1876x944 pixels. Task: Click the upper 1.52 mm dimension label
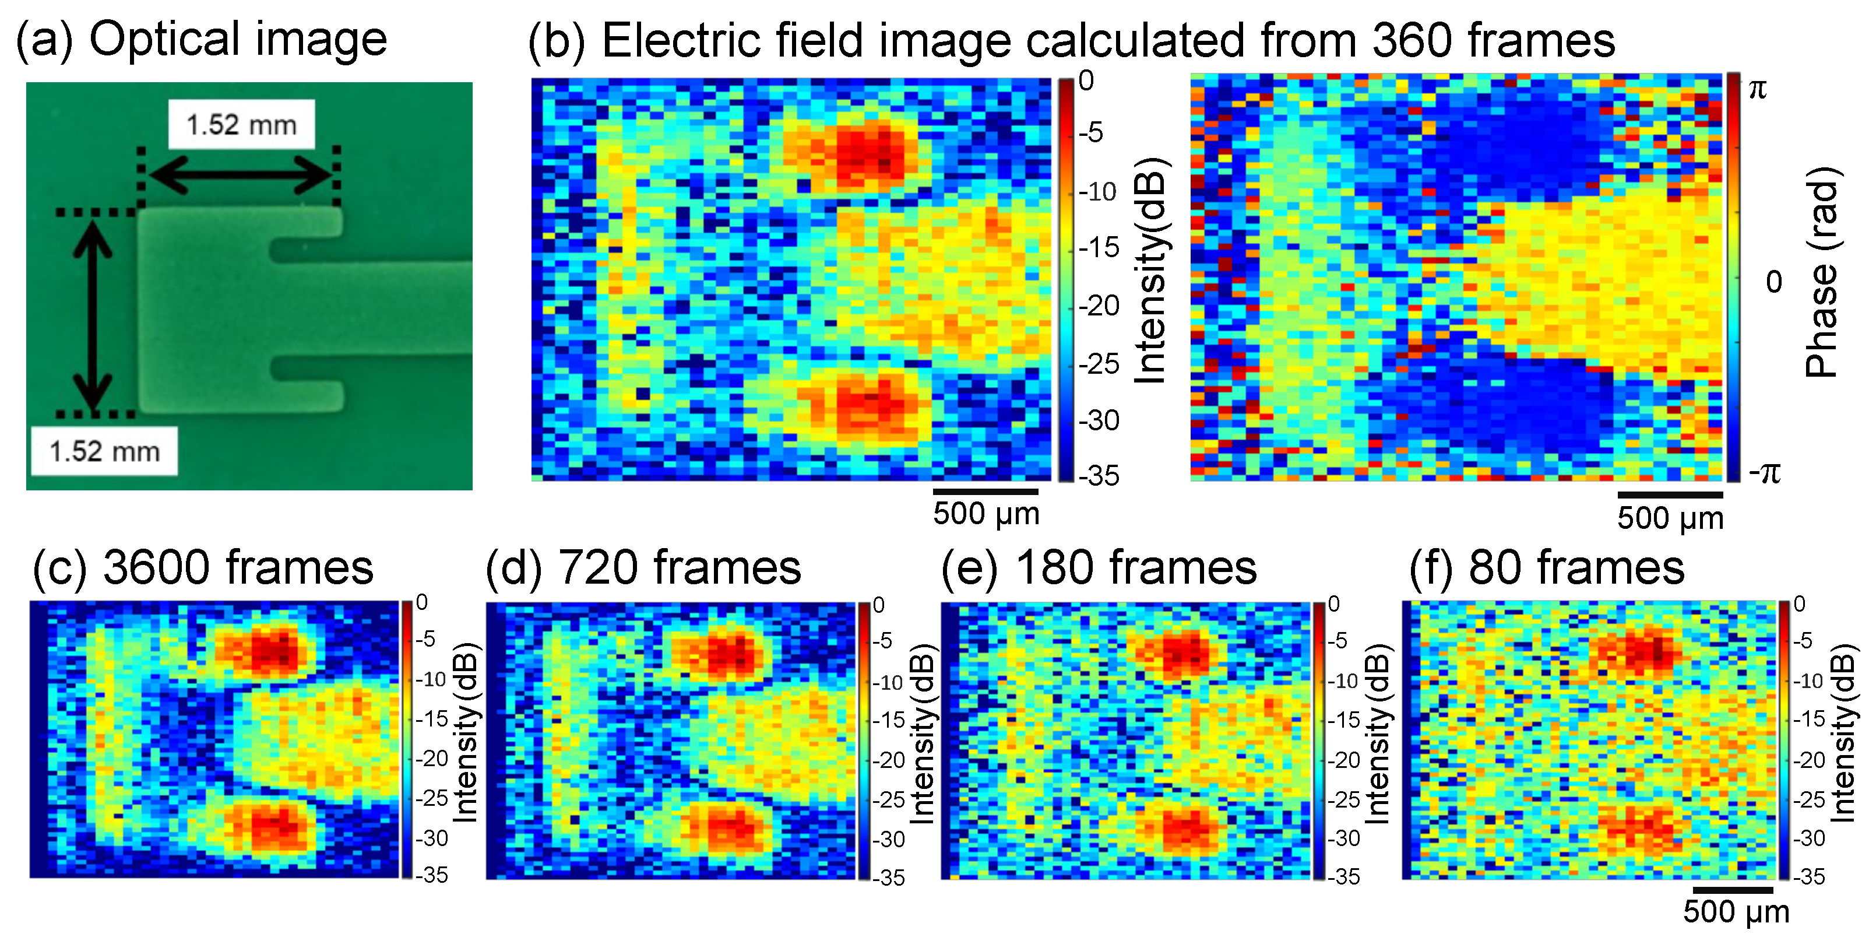click(241, 125)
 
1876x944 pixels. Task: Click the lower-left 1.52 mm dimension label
click(104, 452)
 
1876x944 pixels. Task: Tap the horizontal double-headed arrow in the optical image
click(240, 175)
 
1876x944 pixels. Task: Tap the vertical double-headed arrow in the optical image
click(93, 313)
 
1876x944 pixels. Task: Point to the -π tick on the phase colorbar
click(1764, 473)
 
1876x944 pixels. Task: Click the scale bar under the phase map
click(1669, 495)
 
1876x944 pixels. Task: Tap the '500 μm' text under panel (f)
click(1736, 911)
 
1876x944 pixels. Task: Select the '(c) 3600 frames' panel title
click(202, 567)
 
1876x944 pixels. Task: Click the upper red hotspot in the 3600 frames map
click(273, 651)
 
